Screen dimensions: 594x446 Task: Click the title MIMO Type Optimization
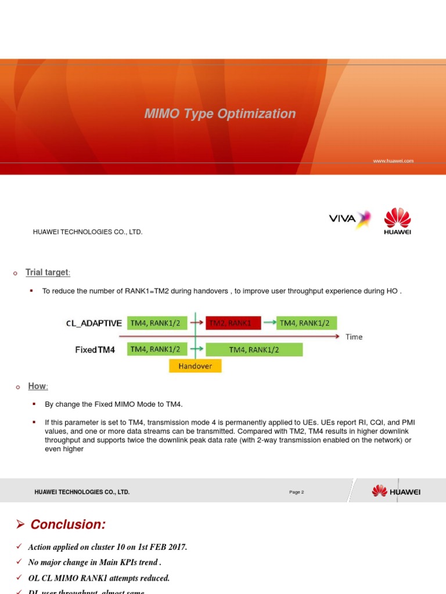(220, 114)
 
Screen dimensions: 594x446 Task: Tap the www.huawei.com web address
(393, 161)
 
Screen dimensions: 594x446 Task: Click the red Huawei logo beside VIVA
(397, 221)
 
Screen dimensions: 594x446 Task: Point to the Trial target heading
(48, 273)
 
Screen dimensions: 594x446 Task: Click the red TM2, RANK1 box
(229, 323)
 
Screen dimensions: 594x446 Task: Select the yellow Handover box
(195, 366)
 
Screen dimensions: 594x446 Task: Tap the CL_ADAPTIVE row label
(93, 323)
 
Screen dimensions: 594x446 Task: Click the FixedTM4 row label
(95, 350)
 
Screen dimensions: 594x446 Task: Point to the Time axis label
(354, 336)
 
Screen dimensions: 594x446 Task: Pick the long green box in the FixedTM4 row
(254, 350)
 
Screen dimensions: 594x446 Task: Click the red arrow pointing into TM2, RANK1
(197, 323)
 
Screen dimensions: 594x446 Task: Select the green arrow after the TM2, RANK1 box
(269, 323)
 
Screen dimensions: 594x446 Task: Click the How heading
(37, 386)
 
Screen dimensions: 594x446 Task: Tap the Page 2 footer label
(296, 492)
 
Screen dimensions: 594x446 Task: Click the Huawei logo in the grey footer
(396, 491)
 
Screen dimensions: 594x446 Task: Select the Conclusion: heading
(68, 524)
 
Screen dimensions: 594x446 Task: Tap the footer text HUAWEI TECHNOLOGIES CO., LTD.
(82, 492)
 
